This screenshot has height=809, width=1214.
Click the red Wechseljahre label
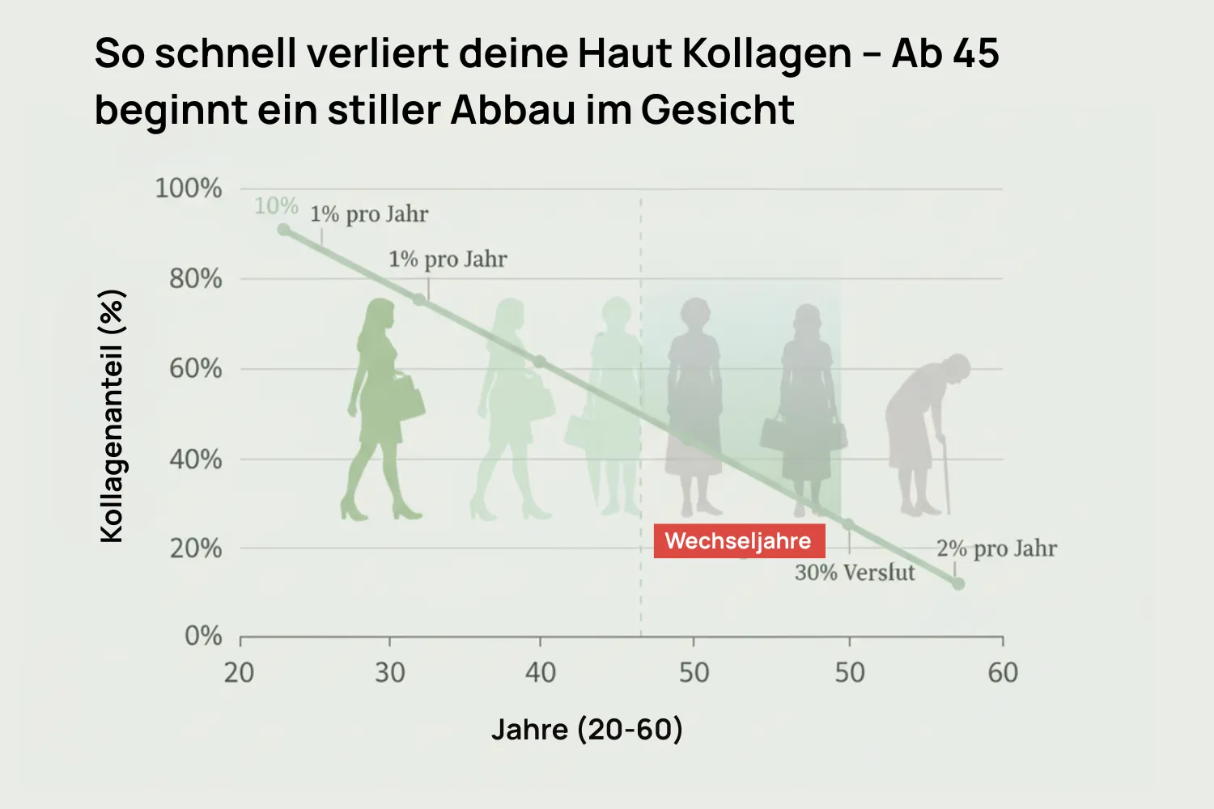(738, 541)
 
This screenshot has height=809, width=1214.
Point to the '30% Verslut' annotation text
(855, 573)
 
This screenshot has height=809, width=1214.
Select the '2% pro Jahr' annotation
(996, 549)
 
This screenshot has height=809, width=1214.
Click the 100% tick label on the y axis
(188, 188)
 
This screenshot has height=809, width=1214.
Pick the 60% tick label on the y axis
(195, 369)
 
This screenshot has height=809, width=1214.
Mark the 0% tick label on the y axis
(203, 636)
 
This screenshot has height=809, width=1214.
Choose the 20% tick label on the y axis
(195, 549)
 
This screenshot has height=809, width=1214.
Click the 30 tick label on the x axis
(389, 672)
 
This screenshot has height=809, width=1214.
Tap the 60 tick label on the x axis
(1003, 672)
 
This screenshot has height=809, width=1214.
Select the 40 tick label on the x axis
(540, 672)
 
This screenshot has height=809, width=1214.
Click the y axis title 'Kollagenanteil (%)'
(112, 416)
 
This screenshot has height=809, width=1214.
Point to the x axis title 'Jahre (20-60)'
(587, 730)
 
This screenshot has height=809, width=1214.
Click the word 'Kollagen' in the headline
(766, 53)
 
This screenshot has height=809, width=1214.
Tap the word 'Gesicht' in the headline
(718, 110)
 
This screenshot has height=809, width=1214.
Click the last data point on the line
(958, 583)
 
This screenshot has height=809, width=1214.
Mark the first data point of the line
(283, 230)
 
